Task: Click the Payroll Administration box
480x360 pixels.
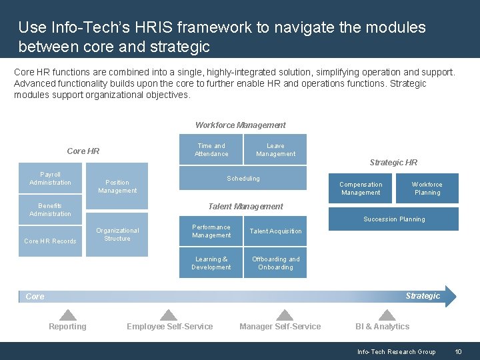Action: (x=50, y=179)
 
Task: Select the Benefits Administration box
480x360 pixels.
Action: (x=50, y=209)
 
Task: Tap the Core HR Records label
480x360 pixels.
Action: (x=50, y=241)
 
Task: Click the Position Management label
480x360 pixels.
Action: (x=117, y=187)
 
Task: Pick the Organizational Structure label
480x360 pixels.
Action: (x=117, y=235)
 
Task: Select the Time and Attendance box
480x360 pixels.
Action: (x=211, y=150)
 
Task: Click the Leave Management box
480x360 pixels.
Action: (x=275, y=150)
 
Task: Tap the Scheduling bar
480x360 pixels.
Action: (x=243, y=179)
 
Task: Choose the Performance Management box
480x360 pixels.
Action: (x=211, y=231)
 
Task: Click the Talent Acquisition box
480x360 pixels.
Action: (x=275, y=231)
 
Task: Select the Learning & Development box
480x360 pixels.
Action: (x=211, y=263)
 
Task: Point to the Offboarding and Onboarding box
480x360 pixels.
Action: (x=275, y=263)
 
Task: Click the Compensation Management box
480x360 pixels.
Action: (x=361, y=189)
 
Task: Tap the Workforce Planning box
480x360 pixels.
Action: (x=427, y=189)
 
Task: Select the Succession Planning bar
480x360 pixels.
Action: (x=393, y=219)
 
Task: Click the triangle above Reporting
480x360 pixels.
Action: (x=67, y=315)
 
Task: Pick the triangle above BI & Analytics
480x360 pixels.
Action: (x=386, y=315)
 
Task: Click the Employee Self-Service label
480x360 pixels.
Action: (x=170, y=327)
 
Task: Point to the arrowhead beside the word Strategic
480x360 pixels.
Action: (x=450, y=296)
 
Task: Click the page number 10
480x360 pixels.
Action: (x=458, y=352)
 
